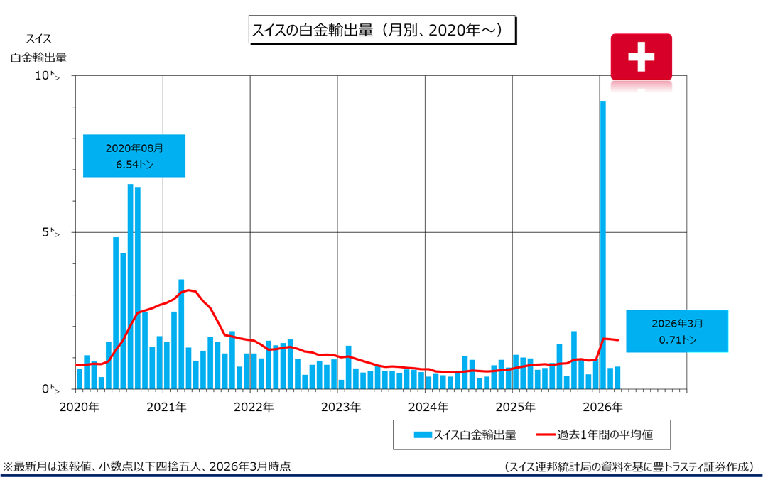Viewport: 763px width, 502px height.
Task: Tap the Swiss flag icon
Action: [641, 56]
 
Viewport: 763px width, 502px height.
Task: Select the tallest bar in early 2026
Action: [602, 244]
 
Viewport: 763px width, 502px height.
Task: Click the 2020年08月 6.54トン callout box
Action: [134, 155]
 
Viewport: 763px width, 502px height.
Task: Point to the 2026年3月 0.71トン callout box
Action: [677, 331]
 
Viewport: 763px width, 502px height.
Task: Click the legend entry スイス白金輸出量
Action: [465, 434]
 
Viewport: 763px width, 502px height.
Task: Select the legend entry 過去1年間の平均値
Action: [602, 434]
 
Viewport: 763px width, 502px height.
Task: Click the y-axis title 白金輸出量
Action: [39, 58]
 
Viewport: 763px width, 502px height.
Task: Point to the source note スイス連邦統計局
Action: [629, 466]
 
